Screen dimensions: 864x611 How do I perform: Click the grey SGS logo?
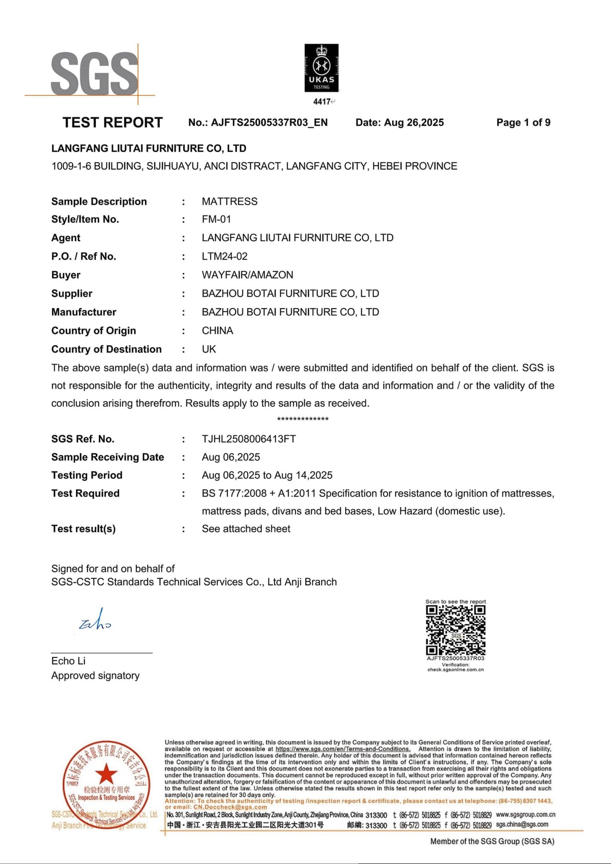tap(94, 74)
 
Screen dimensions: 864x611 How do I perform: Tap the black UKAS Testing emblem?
tap(321, 68)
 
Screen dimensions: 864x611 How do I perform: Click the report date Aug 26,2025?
tap(414, 123)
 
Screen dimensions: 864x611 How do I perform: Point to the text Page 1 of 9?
tap(523, 123)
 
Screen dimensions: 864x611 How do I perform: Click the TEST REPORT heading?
tap(113, 123)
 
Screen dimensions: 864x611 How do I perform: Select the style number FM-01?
tap(216, 220)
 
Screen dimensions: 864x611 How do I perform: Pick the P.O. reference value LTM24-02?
tap(225, 256)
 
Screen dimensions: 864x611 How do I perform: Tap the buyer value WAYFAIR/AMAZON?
tap(247, 275)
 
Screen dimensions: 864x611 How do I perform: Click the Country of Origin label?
tap(94, 331)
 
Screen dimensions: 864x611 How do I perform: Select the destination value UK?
tap(209, 349)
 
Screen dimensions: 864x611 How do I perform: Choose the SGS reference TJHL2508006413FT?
tap(249, 439)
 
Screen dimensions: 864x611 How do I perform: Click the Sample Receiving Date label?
tap(108, 457)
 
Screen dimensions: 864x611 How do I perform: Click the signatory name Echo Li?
tap(68, 661)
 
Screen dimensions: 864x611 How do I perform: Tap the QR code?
tap(456, 630)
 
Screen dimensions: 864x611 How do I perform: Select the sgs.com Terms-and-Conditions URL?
tap(343, 749)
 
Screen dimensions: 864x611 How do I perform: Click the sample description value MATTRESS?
tap(230, 202)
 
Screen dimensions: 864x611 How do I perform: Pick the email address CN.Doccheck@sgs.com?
tap(230, 807)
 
